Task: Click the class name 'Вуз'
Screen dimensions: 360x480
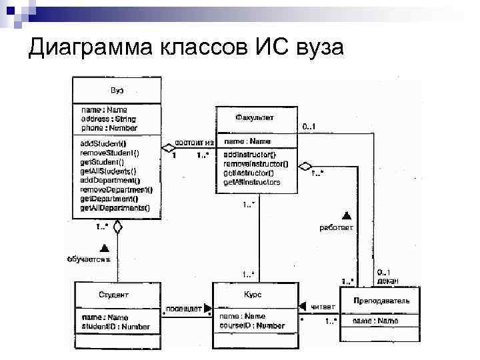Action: click(x=117, y=91)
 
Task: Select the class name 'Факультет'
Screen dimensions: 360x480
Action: click(x=255, y=117)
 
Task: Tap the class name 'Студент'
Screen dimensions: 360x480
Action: click(x=113, y=295)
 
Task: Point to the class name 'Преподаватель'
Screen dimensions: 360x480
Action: click(x=382, y=301)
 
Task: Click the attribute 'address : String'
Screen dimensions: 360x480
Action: click(x=109, y=119)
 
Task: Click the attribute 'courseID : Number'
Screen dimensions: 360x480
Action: click(x=252, y=325)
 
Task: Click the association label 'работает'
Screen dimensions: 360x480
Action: click(x=336, y=227)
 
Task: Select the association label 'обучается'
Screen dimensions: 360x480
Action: click(x=87, y=259)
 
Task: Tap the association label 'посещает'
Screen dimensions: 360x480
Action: click(x=184, y=308)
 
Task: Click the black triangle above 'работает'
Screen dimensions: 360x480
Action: click(x=346, y=215)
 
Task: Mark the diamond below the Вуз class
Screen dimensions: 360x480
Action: click(x=117, y=227)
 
